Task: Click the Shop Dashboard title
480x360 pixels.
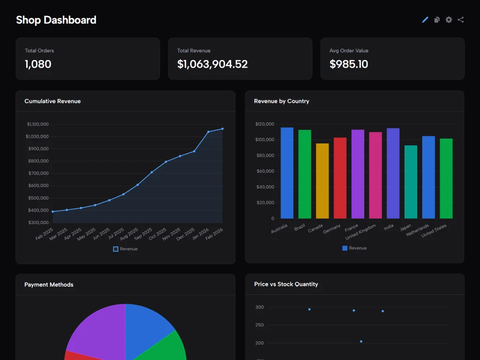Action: coord(56,20)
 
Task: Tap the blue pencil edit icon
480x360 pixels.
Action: coord(425,20)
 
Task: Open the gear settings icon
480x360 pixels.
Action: coord(449,20)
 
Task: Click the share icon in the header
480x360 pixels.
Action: coord(461,20)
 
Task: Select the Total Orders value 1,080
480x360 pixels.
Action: coord(38,64)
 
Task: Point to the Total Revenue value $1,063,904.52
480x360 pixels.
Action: coord(212,64)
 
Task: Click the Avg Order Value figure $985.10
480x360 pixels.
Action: coord(349,64)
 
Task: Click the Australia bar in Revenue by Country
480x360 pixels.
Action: coord(287,173)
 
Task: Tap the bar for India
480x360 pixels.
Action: coord(393,173)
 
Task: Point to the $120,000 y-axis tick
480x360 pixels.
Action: coord(264,124)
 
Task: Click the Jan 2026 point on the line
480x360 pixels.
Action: coord(208,132)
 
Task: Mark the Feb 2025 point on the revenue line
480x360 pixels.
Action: coord(52,211)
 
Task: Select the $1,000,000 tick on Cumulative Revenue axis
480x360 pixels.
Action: coord(37,136)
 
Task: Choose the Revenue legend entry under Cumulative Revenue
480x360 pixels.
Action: coord(125,249)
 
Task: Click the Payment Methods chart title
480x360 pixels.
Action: coord(49,285)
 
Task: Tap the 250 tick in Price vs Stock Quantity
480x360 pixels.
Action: coord(260,325)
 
